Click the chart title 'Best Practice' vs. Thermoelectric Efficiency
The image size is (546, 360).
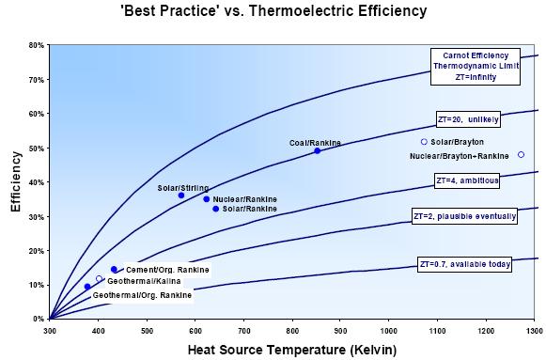click(x=273, y=12)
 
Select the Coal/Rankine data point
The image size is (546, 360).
click(x=317, y=150)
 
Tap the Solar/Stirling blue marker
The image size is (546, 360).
click(x=181, y=196)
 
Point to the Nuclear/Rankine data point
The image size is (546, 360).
click(x=207, y=199)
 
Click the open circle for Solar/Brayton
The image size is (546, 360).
click(x=424, y=142)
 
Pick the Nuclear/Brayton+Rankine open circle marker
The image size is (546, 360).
click(x=521, y=155)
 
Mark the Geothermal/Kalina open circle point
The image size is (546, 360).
click(x=99, y=278)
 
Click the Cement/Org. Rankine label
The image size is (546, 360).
click(x=166, y=270)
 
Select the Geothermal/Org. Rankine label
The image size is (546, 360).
click(x=142, y=296)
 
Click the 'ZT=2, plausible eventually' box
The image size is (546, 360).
click(x=465, y=216)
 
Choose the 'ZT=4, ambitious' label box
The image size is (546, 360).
click(x=466, y=180)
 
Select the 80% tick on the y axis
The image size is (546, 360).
click(x=36, y=45)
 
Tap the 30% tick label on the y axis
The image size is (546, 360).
click(x=36, y=216)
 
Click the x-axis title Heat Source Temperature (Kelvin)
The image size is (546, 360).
click(x=292, y=350)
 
